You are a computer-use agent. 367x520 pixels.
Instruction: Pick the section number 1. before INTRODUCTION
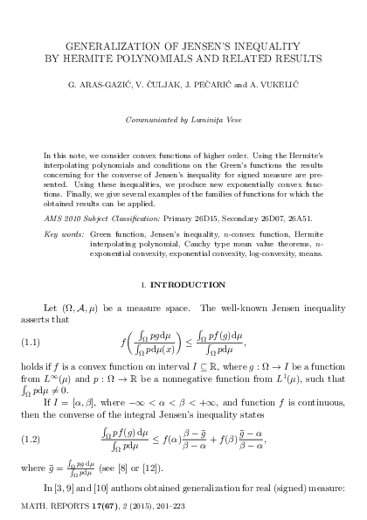tap(143, 286)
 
